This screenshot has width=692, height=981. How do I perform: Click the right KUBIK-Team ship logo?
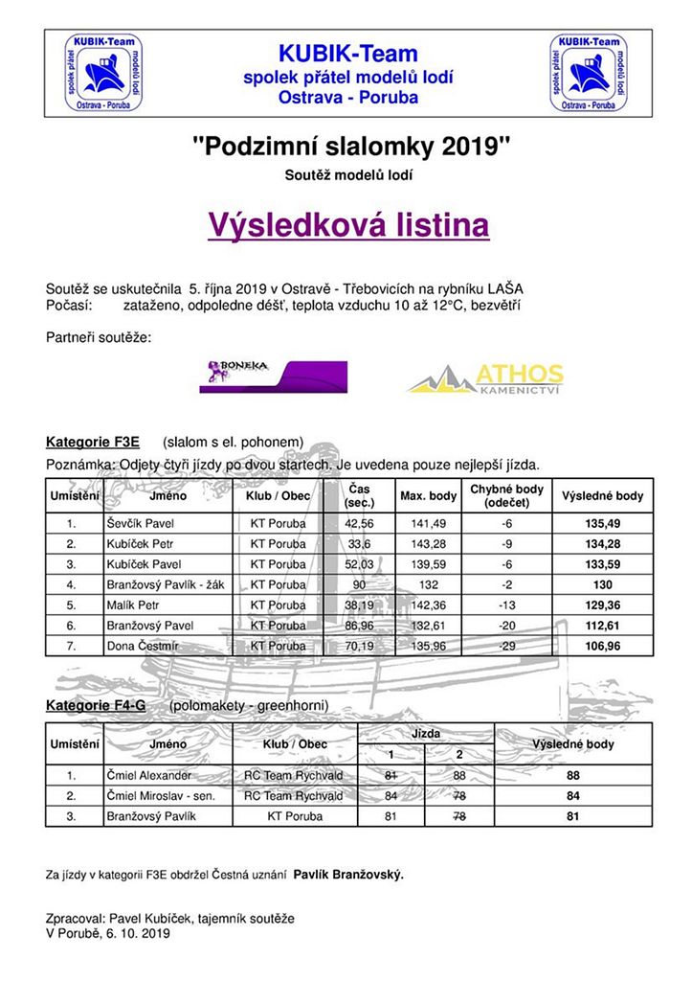(589, 74)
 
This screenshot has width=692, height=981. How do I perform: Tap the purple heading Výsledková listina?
(348, 225)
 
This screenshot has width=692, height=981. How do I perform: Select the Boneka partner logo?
(273, 376)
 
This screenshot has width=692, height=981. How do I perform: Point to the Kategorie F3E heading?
(93, 442)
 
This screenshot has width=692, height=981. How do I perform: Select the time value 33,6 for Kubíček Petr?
(359, 544)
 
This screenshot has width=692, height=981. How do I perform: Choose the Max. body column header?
(427, 496)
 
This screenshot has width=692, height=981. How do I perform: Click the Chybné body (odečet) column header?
(506, 496)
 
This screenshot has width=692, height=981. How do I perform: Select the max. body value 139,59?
(428, 564)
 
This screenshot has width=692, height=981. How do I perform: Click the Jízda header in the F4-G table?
(426, 733)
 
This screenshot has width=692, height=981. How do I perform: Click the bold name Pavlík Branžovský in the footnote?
(348, 874)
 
